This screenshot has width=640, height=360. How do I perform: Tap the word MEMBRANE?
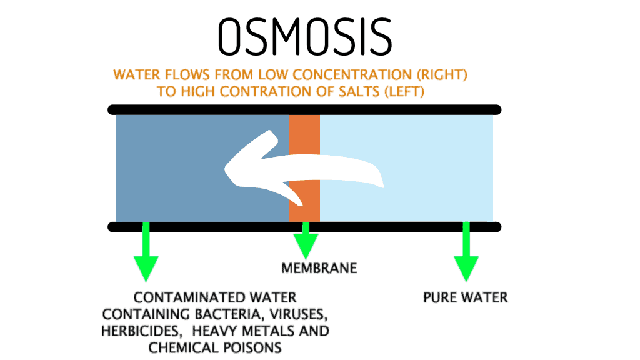click(x=319, y=268)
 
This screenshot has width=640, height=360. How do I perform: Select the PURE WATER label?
click(x=466, y=296)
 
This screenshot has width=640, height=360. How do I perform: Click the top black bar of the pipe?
click(x=304, y=109)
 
